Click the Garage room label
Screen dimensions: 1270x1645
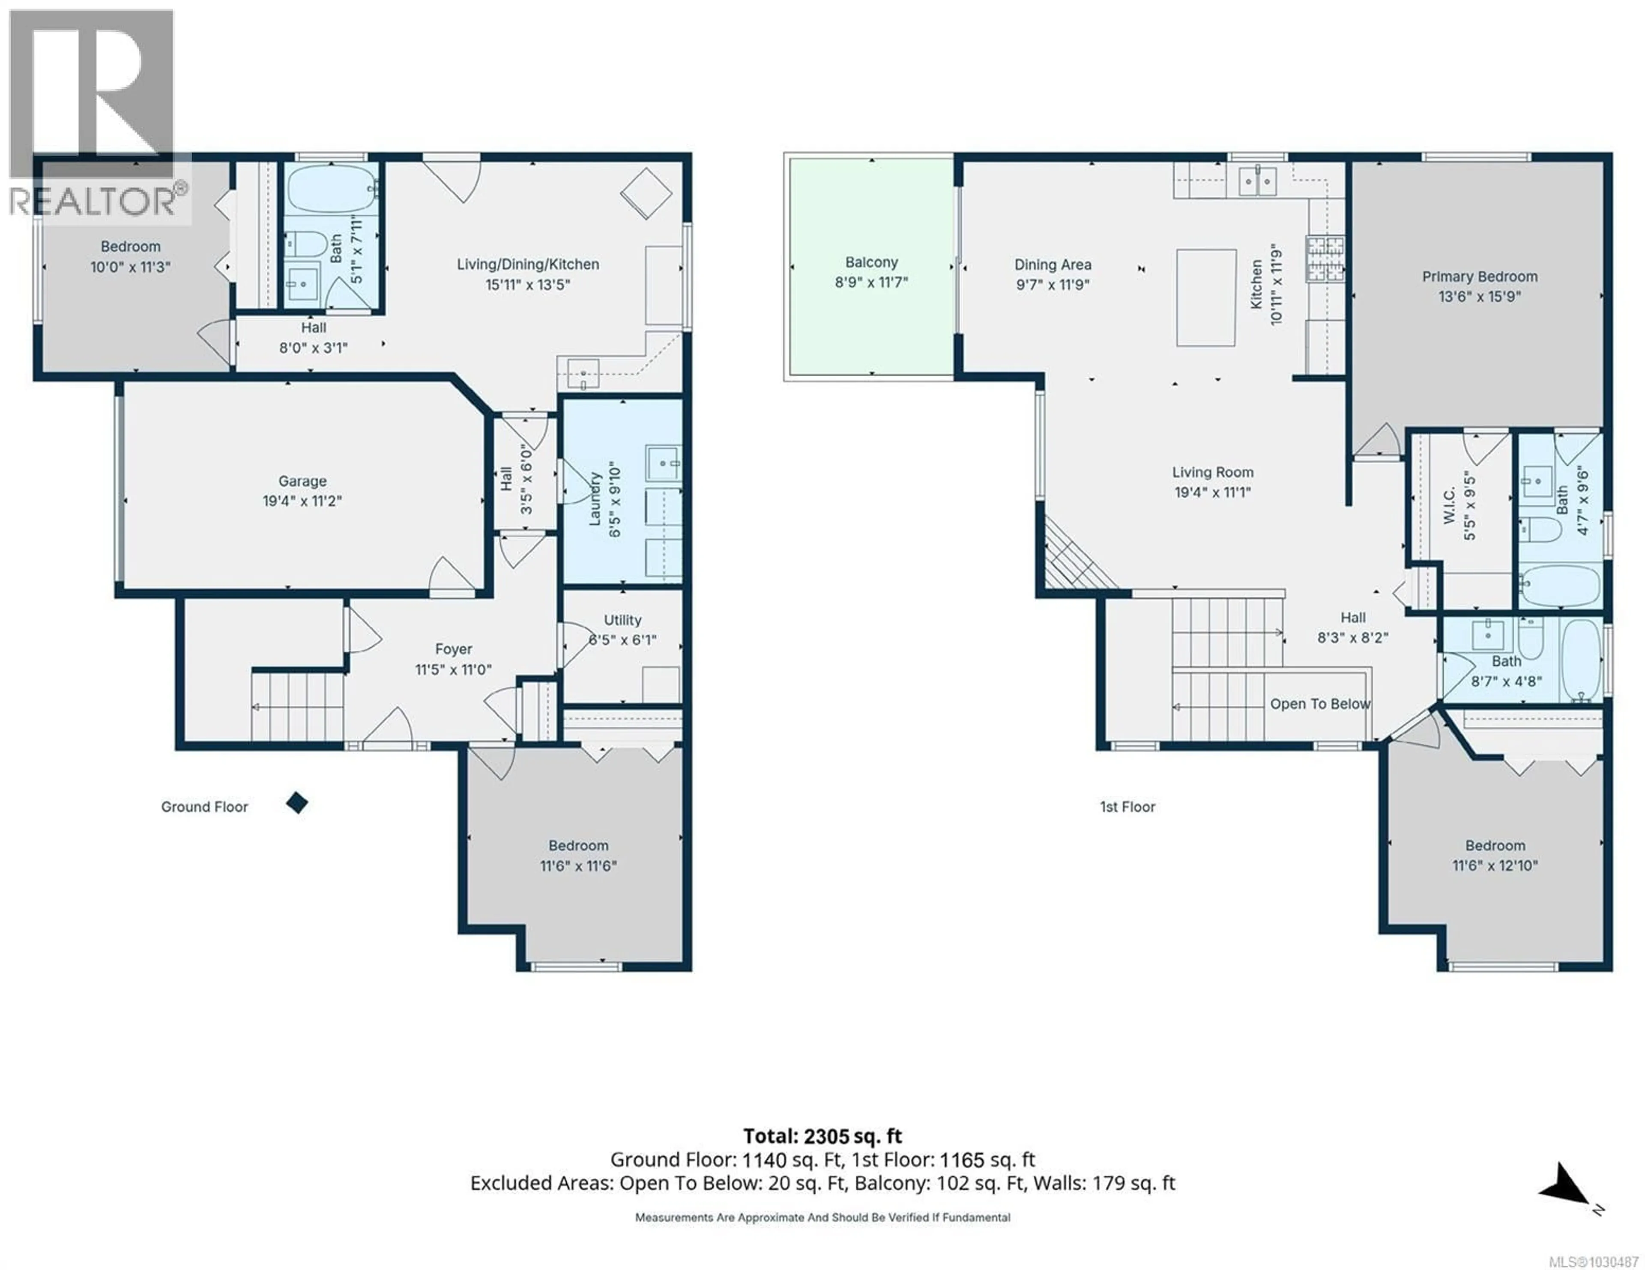click(x=302, y=481)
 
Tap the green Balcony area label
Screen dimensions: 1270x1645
click(x=871, y=263)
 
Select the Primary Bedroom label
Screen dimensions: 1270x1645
click(x=1479, y=277)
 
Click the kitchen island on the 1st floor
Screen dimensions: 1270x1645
click(x=1206, y=298)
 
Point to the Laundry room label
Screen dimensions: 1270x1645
click(x=595, y=498)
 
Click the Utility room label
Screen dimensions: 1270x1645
click(x=622, y=620)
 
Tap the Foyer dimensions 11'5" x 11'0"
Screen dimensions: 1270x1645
click(x=453, y=670)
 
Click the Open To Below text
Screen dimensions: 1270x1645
click(x=1319, y=704)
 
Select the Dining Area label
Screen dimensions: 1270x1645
click(x=1052, y=265)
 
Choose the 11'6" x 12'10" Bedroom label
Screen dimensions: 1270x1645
click(x=1494, y=866)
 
